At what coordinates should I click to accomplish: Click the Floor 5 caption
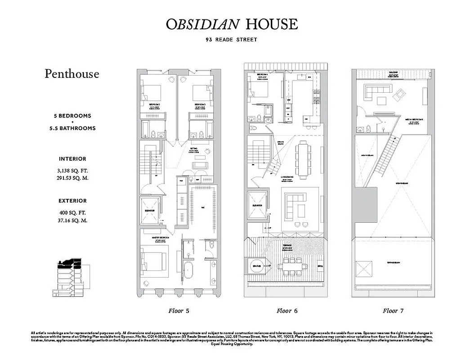point(179,310)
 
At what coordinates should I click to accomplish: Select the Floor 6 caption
point(287,310)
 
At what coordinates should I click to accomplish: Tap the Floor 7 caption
point(394,310)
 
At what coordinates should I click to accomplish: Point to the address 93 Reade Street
point(232,40)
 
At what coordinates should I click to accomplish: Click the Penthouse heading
point(72,74)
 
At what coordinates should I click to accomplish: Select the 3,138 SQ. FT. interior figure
point(72,170)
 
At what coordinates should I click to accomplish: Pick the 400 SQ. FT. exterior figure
point(72,212)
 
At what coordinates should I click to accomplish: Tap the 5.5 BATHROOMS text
point(72,128)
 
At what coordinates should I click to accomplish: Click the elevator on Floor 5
point(150,211)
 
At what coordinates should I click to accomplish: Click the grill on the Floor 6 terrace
point(320,265)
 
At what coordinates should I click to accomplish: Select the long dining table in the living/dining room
point(302,160)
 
